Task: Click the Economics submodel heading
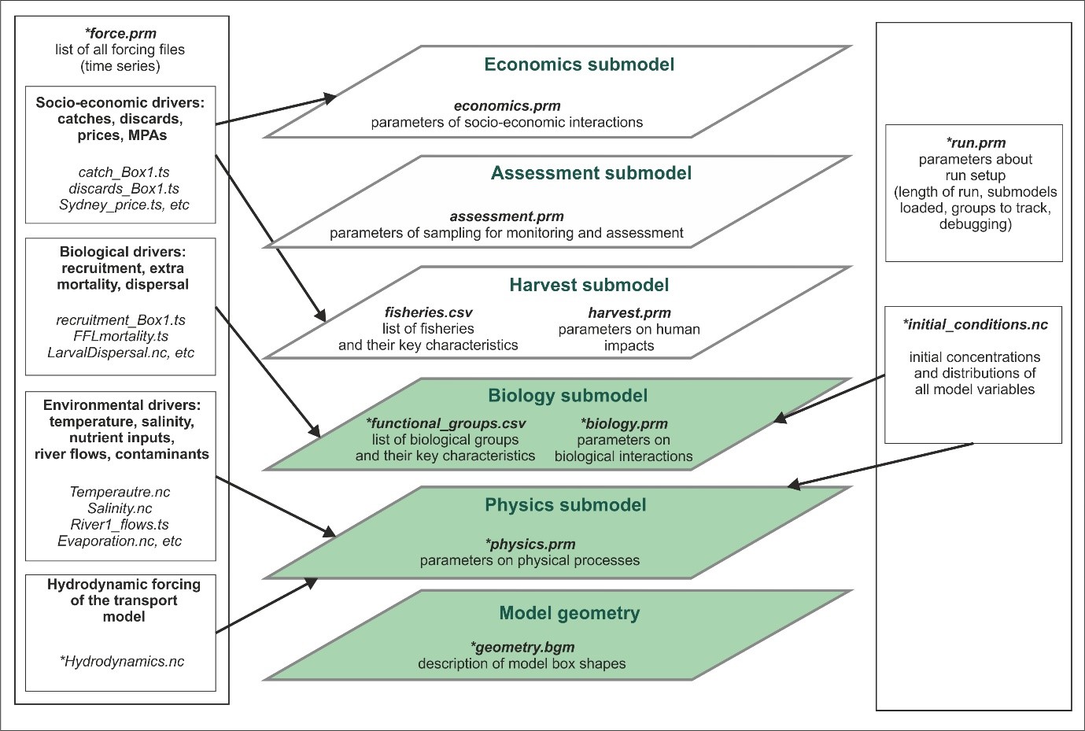pyautogui.click(x=579, y=65)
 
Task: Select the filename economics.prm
pyautogui.click(x=507, y=106)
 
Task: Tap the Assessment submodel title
pyautogui.click(x=591, y=173)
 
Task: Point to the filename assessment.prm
pyautogui.click(x=507, y=216)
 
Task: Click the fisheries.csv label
pyautogui.click(x=428, y=312)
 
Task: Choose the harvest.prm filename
pyautogui.click(x=629, y=313)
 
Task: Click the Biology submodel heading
pyautogui.click(x=567, y=395)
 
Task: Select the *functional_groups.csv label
pyautogui.click(x=445, y=423)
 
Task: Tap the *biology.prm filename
pyautogui.click(x=623, y=423)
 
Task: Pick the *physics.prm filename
pyautogui.click(x=530, y=544)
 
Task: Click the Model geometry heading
pyautogui.click(x=569, y=613)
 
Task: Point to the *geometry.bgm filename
pyautogui.click(x=522, y=647)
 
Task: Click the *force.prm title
pyautogui.click(x=120, y=34)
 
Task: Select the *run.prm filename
pyautogui.click(x=975, y=143)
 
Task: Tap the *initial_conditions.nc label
pyautogui.click(x=975, y=324)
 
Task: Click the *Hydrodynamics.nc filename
pyautogui.click(x=121, y=662)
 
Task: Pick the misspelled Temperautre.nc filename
pyautogui.click(x=120, y=492)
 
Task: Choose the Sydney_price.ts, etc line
pyautogui.click(x=124, y=205)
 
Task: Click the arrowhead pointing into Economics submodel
pyautogui.click(x=329, y=98)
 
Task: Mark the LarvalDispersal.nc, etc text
pyautogui.click(x=120, y=353)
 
